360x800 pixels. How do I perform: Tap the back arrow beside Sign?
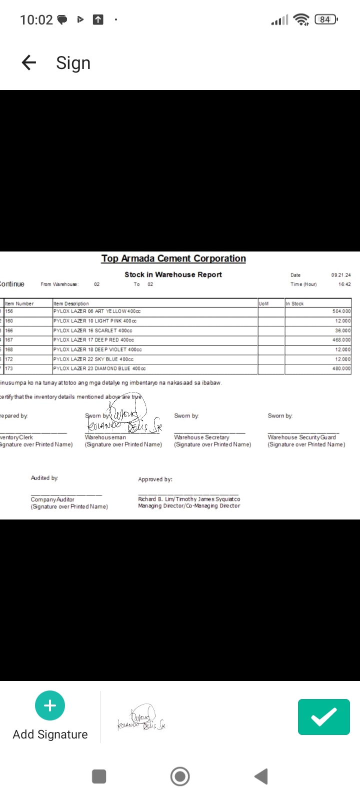point(29,62)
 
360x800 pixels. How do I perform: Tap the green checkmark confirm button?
point(323,717)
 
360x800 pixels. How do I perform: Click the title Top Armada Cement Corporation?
point(173,258)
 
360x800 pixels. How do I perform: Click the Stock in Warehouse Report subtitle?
point(173,274)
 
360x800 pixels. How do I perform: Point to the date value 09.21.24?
point(340,275)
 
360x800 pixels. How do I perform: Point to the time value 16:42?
point(344,284)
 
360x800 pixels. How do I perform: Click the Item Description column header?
point(71,303)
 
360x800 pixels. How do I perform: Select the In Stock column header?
point(294,303)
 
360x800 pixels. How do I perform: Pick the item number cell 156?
point(9,311)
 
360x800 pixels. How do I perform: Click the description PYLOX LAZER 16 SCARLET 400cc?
point(92,330)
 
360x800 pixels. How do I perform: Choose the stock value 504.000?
point(341,311)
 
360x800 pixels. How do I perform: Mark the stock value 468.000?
point(341,340)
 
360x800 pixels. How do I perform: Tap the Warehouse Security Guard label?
point(301,437)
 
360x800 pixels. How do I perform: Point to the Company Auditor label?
point(52,499)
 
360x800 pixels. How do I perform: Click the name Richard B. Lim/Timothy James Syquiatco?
point(189,499)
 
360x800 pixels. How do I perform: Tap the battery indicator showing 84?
point(325,19)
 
